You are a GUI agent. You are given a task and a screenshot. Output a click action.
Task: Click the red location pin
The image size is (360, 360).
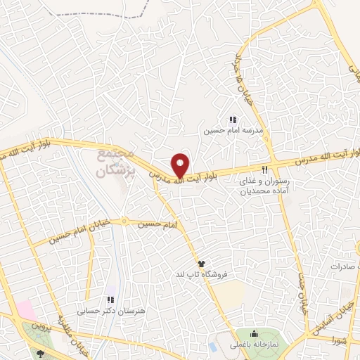coord(180,165)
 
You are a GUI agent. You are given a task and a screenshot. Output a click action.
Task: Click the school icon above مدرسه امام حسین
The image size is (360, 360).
coord(233,120)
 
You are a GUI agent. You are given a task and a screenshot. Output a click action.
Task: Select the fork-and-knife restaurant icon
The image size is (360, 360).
coord(265,169)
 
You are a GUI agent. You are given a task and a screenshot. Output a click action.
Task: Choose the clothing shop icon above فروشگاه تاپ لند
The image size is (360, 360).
coord(201,263)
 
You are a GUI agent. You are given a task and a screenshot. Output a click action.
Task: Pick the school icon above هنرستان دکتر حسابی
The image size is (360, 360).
coord(108,299)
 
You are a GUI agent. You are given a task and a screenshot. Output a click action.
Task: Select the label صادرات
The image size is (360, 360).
coord(342,267)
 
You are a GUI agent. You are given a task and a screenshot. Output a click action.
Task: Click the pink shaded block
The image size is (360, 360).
coord(25,309)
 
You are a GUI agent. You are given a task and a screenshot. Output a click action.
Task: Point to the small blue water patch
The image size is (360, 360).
coord(213,347)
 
